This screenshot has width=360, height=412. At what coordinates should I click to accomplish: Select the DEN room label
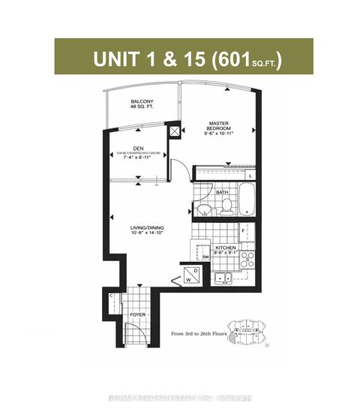click(x=138, y=149)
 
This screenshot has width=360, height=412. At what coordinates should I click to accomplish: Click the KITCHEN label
click(x=226, y=247)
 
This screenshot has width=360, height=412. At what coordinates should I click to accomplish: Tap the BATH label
click(x=221, y=192)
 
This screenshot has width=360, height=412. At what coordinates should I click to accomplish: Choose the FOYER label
click(x=136, y=315)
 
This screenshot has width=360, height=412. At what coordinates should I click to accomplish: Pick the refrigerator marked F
click(x=244, y=230)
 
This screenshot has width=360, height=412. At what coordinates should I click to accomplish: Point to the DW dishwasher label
click(x=205, y=257)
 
